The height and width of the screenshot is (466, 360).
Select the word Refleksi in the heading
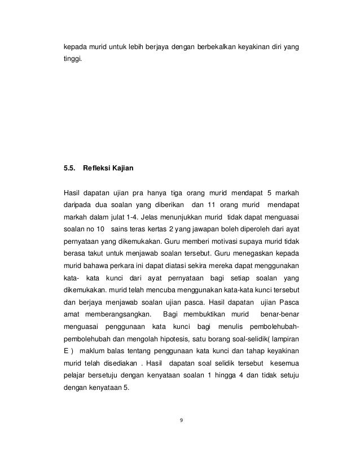click(99, 168)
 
